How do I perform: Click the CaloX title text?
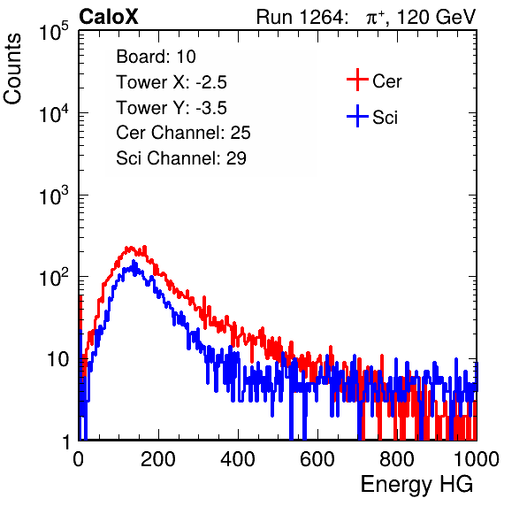(109, 17)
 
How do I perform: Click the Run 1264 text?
(300, 17)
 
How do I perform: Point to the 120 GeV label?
(436, 17)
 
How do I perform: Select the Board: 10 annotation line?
(156, 57)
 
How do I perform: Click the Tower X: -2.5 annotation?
(172, 82)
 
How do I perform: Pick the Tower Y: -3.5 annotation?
(172, 108)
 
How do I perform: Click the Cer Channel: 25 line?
(183, 133)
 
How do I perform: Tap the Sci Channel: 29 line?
(181, 158)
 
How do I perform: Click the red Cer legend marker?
(357, 80)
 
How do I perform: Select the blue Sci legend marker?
(357, 116)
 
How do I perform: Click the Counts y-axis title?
(12, 68)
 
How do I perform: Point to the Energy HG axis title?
(416, 485)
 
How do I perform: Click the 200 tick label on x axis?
(158, 459)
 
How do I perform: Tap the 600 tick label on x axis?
(317, 459)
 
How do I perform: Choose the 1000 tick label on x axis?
(477, 459)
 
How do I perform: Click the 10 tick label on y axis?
(57, 359)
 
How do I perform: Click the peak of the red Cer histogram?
(145, 247)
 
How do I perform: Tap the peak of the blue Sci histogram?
(134, 261)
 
